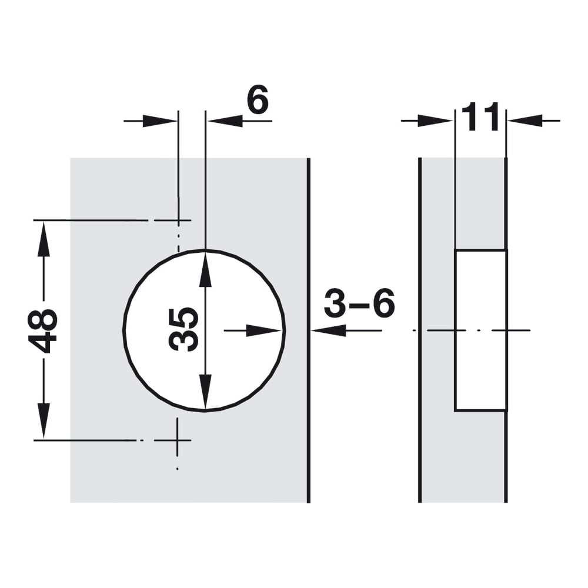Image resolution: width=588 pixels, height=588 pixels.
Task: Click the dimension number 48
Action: point(42,330)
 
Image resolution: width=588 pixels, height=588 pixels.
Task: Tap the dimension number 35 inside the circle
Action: point(183,330)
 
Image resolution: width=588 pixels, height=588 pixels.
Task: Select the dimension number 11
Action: point(480,117)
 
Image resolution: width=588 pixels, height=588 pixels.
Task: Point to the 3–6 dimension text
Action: point(359,303)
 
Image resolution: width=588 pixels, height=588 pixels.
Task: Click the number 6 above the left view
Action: point(258,99)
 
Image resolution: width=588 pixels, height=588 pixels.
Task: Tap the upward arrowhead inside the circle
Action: point(205,270)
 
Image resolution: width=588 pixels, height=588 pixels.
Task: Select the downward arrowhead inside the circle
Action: point(205,391)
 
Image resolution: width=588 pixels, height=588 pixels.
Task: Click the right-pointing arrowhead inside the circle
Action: point(264,330)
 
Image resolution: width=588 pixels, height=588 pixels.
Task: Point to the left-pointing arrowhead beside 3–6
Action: point(329,330)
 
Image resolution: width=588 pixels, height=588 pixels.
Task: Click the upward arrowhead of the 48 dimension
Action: point(44,239)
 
